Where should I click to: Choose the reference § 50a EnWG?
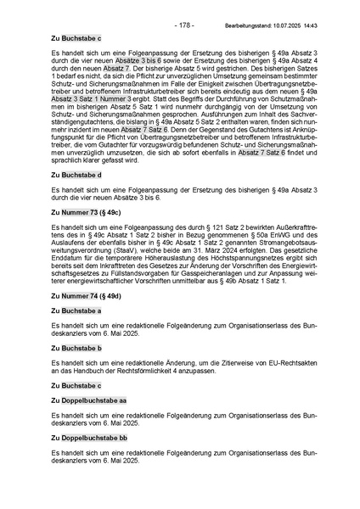click(x=239, y=236)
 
